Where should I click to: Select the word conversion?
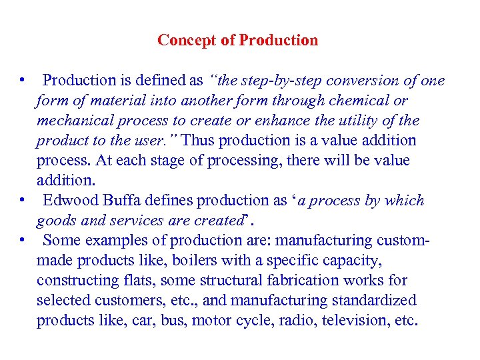[x=365, y=81]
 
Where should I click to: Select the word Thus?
[x=198, y=141]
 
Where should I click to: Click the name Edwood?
[x=70, y=201]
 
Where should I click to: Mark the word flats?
[x=137, y=281]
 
